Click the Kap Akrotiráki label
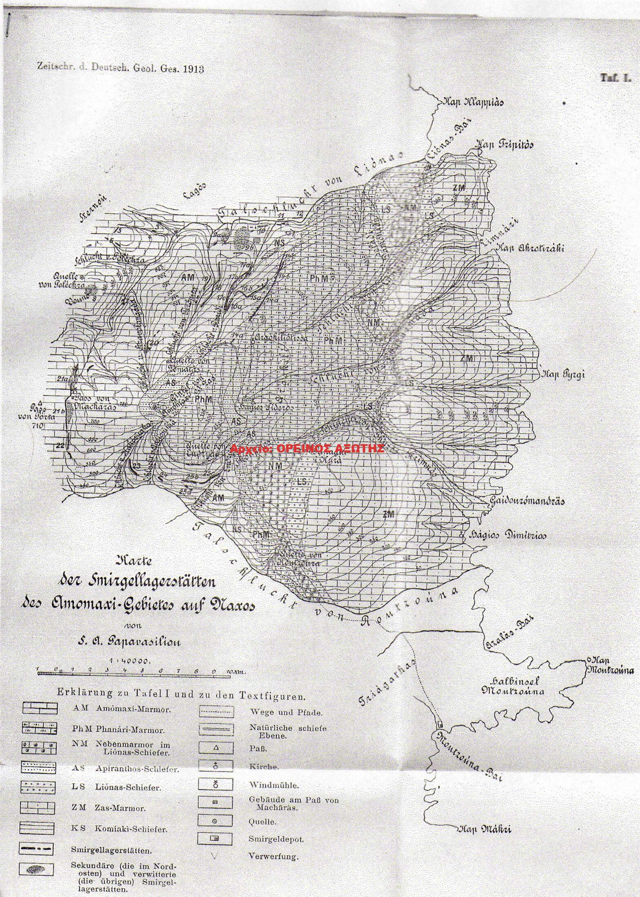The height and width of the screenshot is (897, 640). (x=530, y=248)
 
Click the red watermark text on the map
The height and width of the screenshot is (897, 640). (x=307, y=448)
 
